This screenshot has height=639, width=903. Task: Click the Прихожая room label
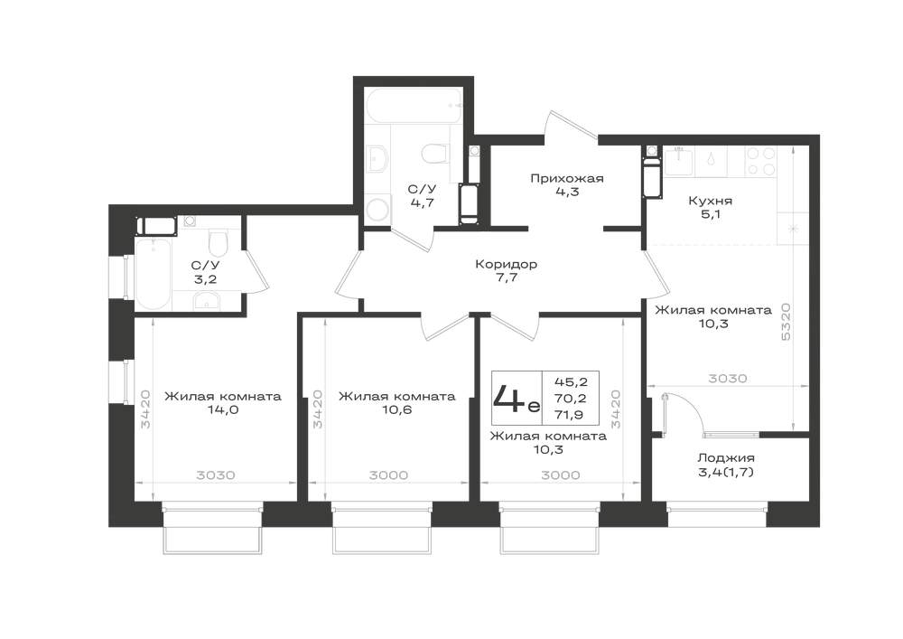[567, 179]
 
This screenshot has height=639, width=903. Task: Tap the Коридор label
[507, 265]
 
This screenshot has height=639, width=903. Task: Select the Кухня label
[710, 201]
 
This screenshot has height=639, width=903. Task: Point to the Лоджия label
[726, 458]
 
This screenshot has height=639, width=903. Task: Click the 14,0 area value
[223, 410]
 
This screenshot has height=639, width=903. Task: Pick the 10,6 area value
[396, 410]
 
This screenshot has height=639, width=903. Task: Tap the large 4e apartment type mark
[517, 399]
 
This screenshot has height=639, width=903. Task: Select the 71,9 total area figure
[571, 414]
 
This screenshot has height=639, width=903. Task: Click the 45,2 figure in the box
[571, 381]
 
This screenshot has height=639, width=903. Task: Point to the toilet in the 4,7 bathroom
[435, 154]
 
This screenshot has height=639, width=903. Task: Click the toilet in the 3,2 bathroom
[219, 243]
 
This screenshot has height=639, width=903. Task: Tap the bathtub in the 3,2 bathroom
[153, 274]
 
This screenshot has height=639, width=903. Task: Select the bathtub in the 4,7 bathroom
[414, 106]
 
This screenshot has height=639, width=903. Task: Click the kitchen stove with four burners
[760, 161]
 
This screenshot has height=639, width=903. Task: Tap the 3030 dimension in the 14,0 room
[216, 475]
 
